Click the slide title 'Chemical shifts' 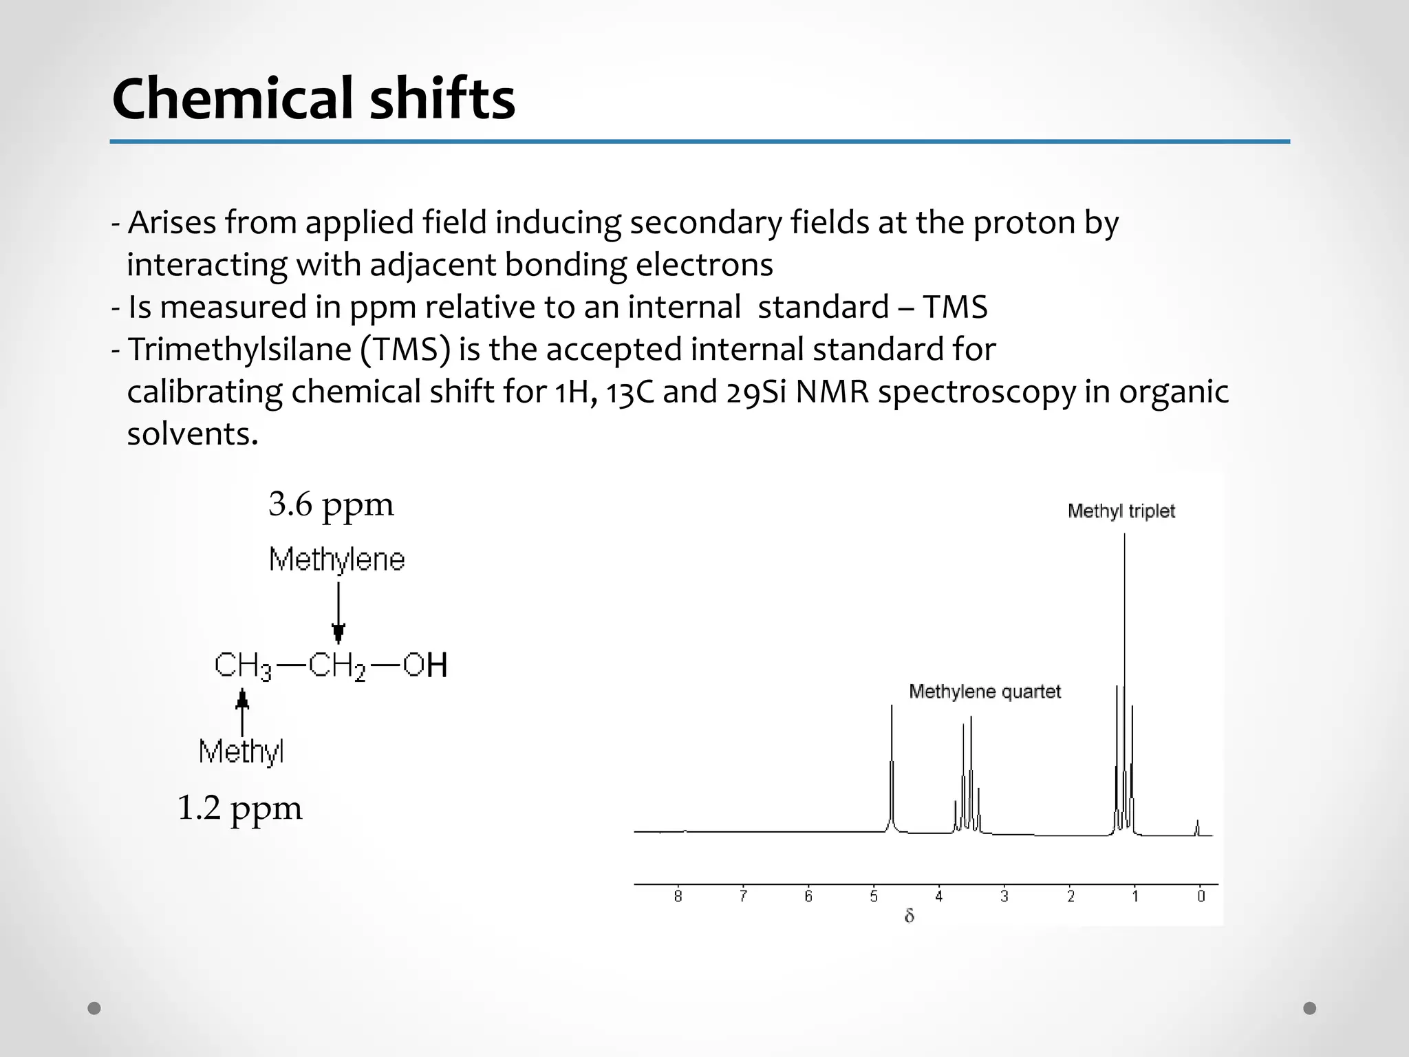(x=313, y=98)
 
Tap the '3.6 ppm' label (x=331, y=504)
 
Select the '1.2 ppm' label (x=239, y=808)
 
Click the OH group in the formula (x=425, y=665)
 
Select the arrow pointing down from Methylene (x=338, y=612)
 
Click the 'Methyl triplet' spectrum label (x=1121, y=511)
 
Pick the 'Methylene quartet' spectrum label (x=985, y=692)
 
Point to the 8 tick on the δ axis (x=678, y=896)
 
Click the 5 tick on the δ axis (x=874, y=896)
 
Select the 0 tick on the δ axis (x=1201, y=896)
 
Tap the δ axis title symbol (x=909, y=916)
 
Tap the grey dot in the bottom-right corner (x=1310, y=1008)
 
